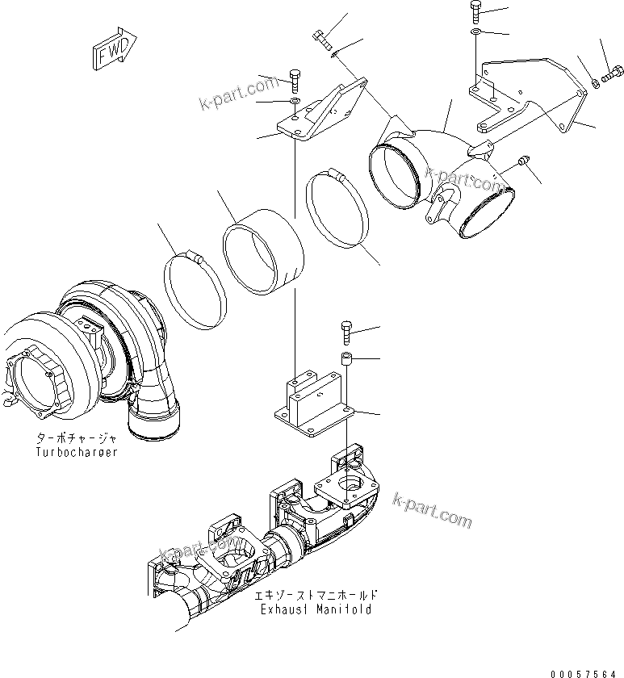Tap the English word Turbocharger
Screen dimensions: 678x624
coord(77,452)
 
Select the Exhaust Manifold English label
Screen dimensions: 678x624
coord(316,609)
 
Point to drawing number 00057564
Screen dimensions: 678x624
coord(586,672)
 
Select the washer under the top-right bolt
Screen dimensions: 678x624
coord(475,32)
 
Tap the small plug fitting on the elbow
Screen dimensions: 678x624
coord(523,162)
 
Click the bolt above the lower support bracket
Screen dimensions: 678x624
coord(347,332)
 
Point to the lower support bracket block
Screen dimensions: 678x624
coord(311,400)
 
